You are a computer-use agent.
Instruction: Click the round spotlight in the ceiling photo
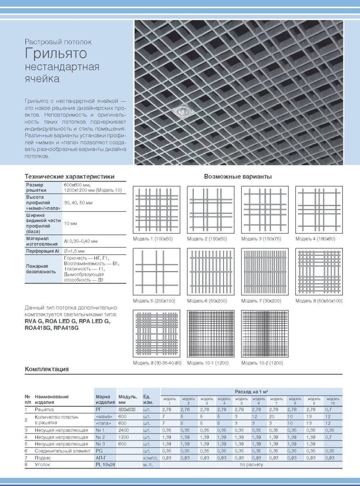[x=182, y=112]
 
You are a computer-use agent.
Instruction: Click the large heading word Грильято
[x=56, y=53]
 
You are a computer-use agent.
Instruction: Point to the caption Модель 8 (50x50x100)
[x=319, y=301]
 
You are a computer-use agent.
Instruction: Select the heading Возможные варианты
[x=238, y=177]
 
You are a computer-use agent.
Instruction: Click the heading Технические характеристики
[x=70, y=176]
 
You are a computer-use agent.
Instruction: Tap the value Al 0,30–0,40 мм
[x=81, y=240]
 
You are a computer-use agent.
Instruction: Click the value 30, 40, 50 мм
[x=78, y=202]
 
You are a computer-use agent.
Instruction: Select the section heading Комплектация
[x=47, y=369]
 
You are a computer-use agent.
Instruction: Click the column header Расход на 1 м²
[x=252, y=391]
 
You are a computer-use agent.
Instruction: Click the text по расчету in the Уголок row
[x=251, y=465]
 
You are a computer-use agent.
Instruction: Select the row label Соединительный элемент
[x=61, y=450]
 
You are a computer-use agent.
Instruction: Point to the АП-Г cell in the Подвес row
[x=101, y=458]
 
